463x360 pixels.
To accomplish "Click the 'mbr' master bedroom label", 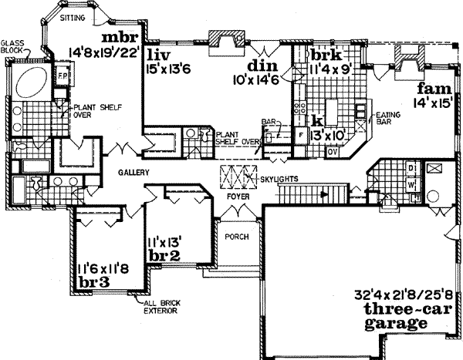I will pos(121,39).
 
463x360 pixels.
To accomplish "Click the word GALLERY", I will pos(133,172).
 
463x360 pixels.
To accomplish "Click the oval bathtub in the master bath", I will pos(33,82).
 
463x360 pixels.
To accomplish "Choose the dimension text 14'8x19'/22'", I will pos(106,54).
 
